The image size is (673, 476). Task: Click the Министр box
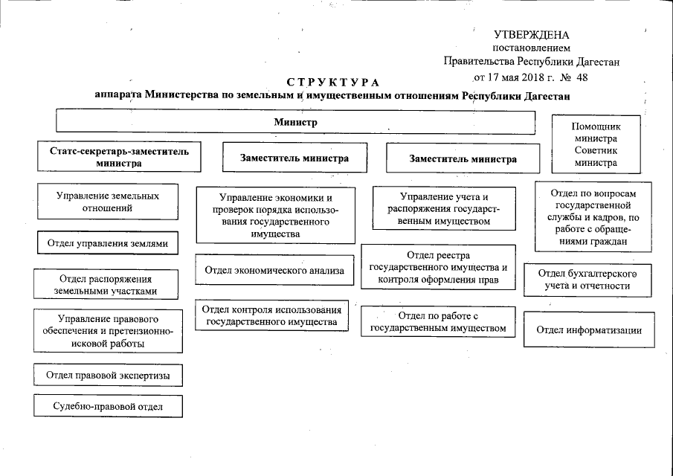click(x=295, y=122)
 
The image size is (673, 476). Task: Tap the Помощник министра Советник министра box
click(x=596, y=144)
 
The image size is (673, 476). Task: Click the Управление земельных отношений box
click(x=108, y=202)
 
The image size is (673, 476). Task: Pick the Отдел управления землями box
click(x=108, y=243)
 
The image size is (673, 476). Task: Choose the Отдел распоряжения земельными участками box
click(x=108, y=285)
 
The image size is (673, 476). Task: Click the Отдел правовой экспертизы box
click(x=108, y=376)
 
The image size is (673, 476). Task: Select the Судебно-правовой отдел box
click(x=108, y=406)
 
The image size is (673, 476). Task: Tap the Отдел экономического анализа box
click(x=274, y=271)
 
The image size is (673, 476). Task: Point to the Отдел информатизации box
click(x=587, y=330)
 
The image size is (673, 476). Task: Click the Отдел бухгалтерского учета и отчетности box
click(x=587, y=279)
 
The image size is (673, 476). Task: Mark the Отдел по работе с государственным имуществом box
click(x=437, y=322)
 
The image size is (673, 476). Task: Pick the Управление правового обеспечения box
click(x=108, y=331)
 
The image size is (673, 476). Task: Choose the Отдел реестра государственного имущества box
click(x=437, y=268)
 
